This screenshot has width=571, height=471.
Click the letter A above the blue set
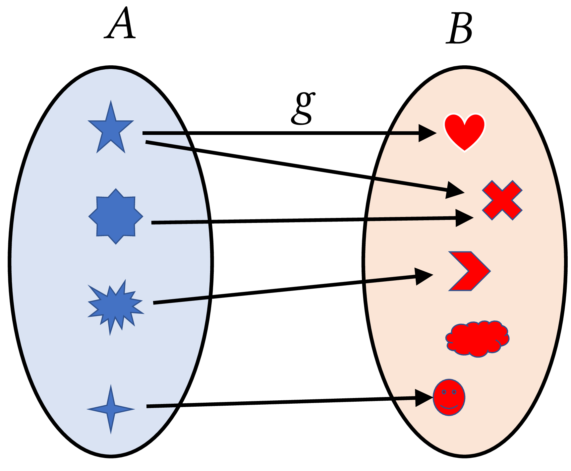(120, 24)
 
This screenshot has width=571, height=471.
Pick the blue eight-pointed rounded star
(116, 217)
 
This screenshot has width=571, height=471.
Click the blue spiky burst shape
(114, 306)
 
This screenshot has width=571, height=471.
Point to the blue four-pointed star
(111, 409)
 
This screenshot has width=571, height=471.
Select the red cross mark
(502, 200)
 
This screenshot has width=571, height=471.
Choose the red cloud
(477, 338)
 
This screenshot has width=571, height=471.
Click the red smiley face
(449, 397)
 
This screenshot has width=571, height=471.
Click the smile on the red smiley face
(449, 406)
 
